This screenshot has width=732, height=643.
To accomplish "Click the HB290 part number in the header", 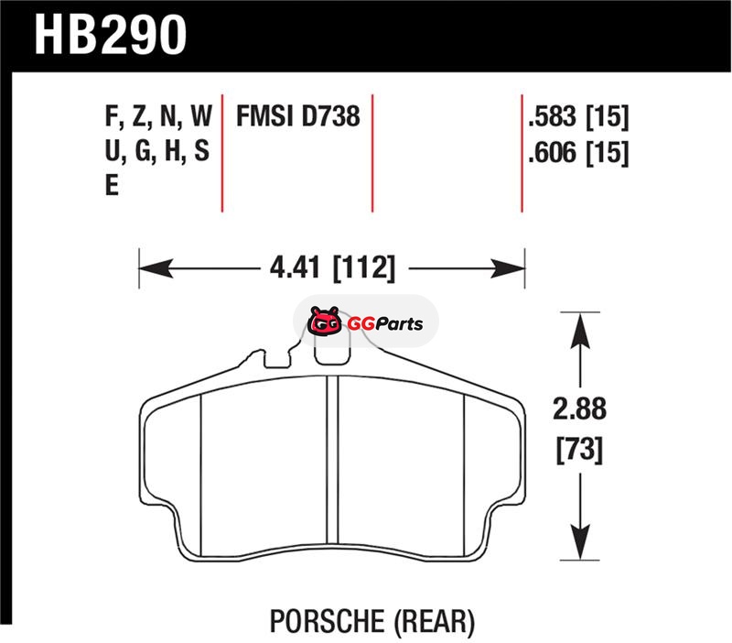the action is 110,36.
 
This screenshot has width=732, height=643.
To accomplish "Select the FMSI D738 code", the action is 298,116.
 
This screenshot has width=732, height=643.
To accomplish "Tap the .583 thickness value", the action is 552,116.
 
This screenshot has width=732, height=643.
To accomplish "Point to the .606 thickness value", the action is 552,153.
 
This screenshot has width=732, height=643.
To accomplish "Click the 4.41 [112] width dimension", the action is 332,268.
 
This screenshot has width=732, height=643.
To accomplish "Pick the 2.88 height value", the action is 579,409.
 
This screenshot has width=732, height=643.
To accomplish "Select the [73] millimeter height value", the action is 579,450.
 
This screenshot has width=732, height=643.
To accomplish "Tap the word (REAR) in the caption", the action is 434,622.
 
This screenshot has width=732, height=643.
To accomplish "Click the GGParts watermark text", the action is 385,323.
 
